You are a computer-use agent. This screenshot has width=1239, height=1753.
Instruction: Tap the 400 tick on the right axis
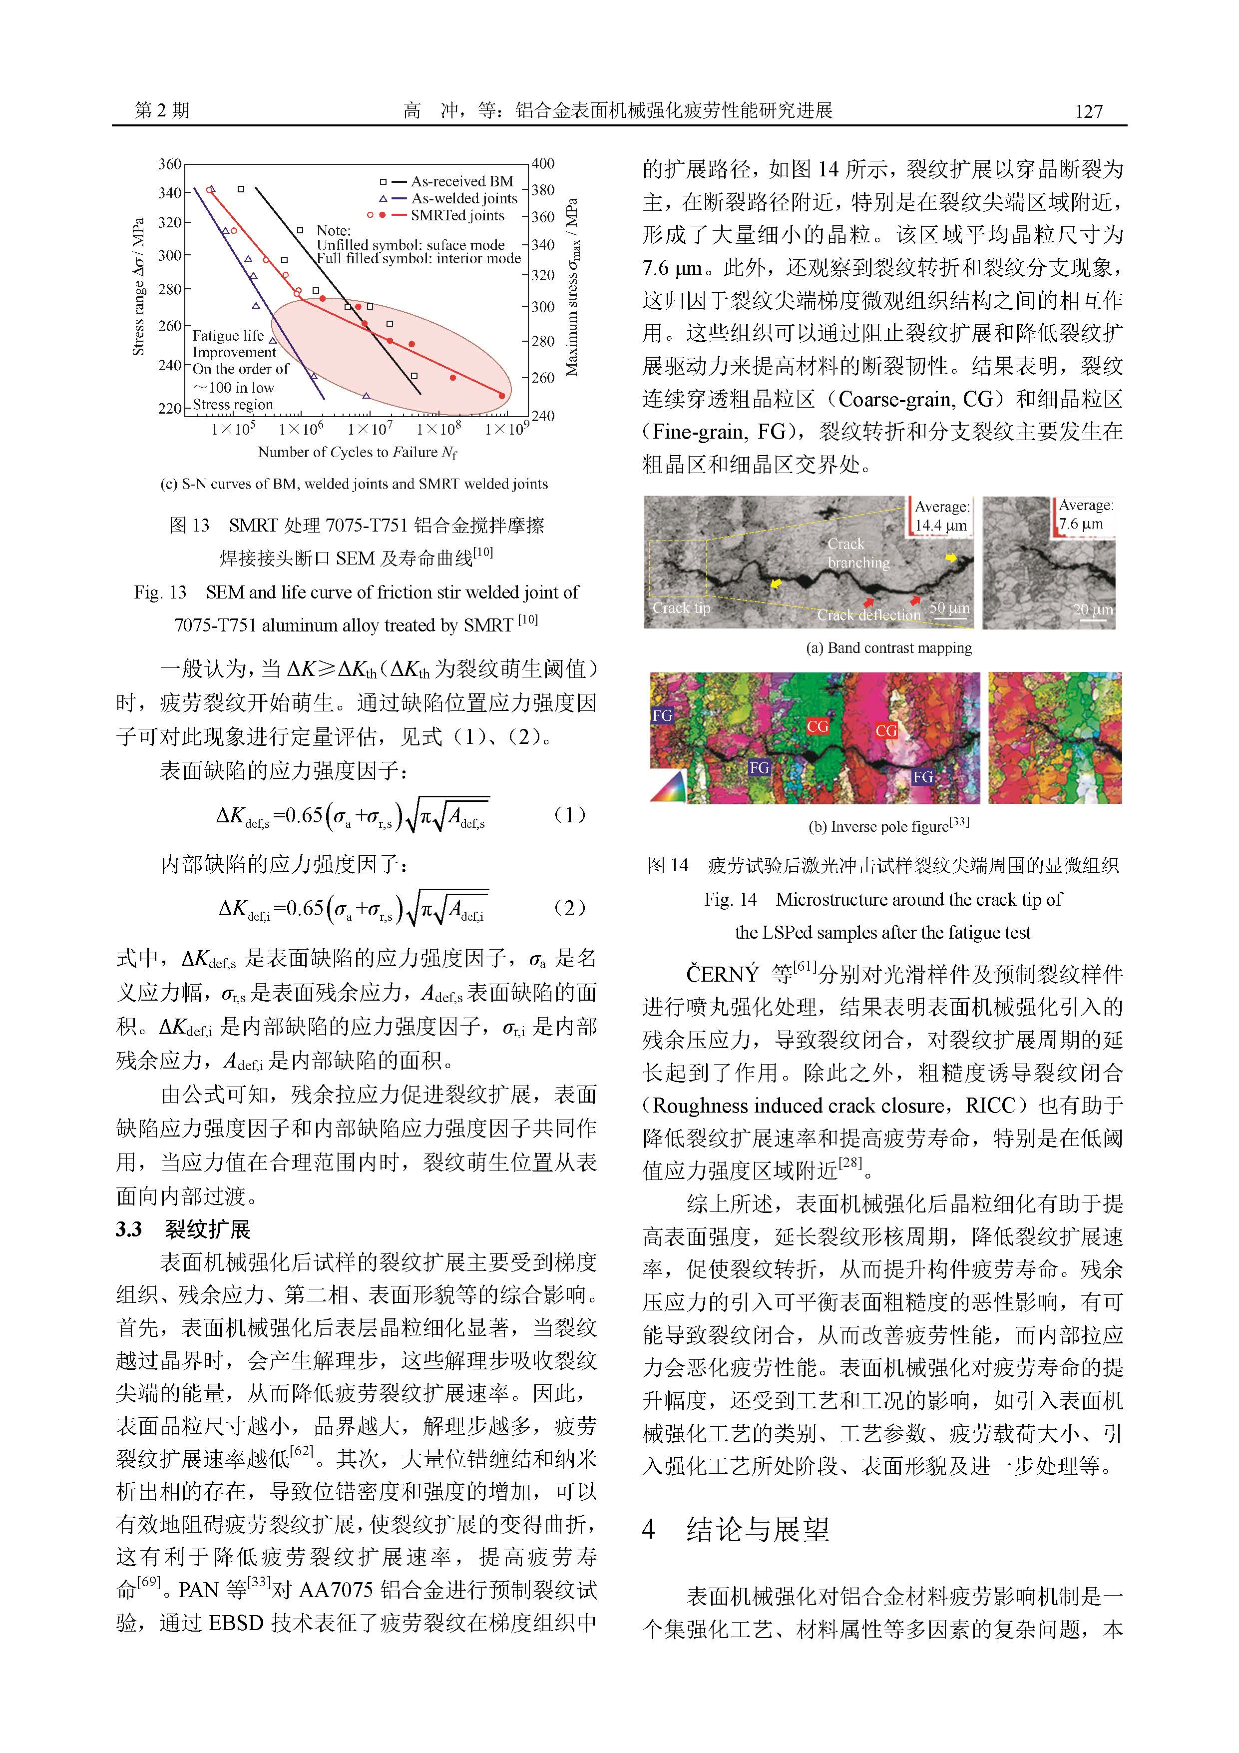pyautogui.click(x=543, y=163)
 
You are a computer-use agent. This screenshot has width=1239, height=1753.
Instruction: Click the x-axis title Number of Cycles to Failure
pyautogui.click(x=357, y=452)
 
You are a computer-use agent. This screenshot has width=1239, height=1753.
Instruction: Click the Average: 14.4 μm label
pyautogui.click(x=941, y=516)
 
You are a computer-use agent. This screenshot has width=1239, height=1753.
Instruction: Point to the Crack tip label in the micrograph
pyautogui.click(x=681, y=608)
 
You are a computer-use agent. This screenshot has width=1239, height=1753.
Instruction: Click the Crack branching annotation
pyautogui.click(x=857, y=553)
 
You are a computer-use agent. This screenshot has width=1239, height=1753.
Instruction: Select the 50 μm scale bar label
pyautogui.click(x=949, y=608)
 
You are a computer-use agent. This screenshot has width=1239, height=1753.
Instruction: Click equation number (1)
pyautogui.click(x=569, y=815)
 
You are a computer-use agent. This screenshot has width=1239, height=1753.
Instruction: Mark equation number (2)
pyautogui.click(x=569, y=907)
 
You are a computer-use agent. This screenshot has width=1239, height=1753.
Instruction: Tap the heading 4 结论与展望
pyautogui.click(x=736, y=1529)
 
